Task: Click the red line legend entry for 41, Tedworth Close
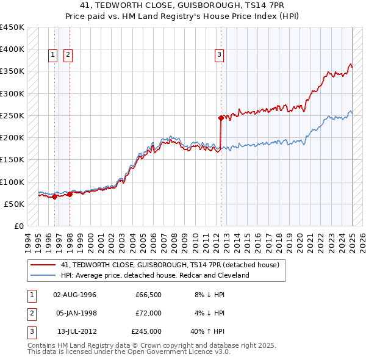point(170,265)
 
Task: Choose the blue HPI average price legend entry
point(155,275)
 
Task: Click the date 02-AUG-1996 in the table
point(74,294)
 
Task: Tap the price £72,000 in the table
point(148,313)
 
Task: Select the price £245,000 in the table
point(146,332)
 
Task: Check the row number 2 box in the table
point(30,313)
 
